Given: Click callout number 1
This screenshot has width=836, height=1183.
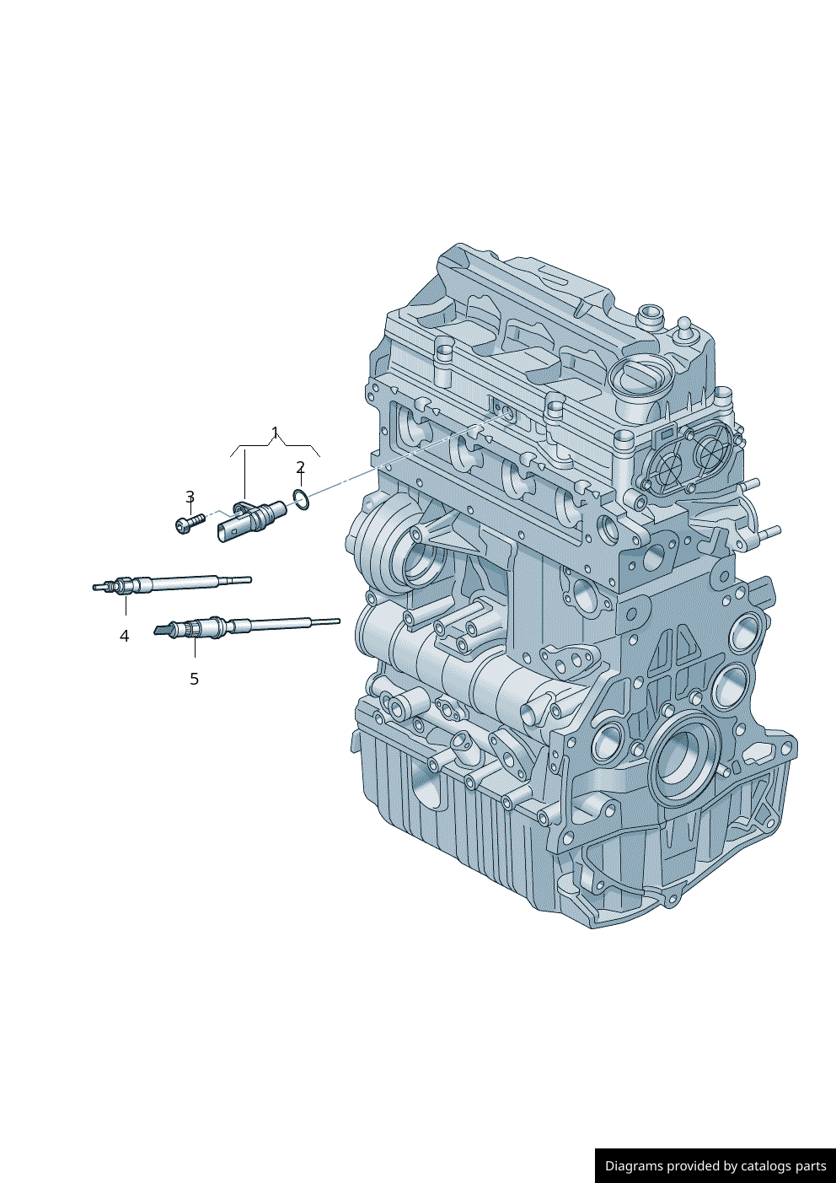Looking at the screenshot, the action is coord(275,433).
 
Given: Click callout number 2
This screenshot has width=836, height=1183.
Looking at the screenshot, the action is coord(300,467).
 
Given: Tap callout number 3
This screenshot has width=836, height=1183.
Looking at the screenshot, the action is coord(190,497).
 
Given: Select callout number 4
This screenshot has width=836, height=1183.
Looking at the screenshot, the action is coord(124,636).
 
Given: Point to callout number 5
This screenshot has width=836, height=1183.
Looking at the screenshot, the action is coord(194,679).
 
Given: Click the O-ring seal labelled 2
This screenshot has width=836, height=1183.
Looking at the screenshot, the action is coord(301,500).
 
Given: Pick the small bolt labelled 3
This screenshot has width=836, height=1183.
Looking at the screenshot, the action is coord(189,523).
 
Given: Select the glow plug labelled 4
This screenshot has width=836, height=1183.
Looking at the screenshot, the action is coord(172,584).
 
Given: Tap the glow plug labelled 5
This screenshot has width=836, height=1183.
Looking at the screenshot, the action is coord(246,626).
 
